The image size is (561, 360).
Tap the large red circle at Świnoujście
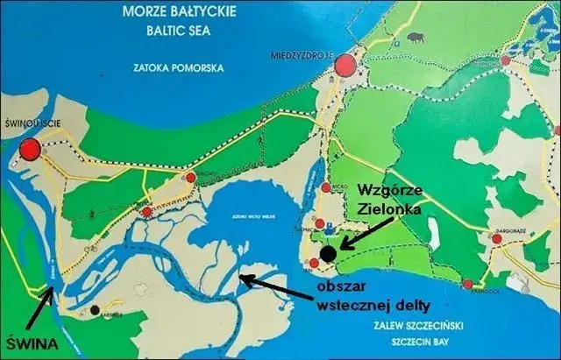31,149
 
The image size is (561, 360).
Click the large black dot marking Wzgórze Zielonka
328,253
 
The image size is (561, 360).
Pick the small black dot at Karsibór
94,309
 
